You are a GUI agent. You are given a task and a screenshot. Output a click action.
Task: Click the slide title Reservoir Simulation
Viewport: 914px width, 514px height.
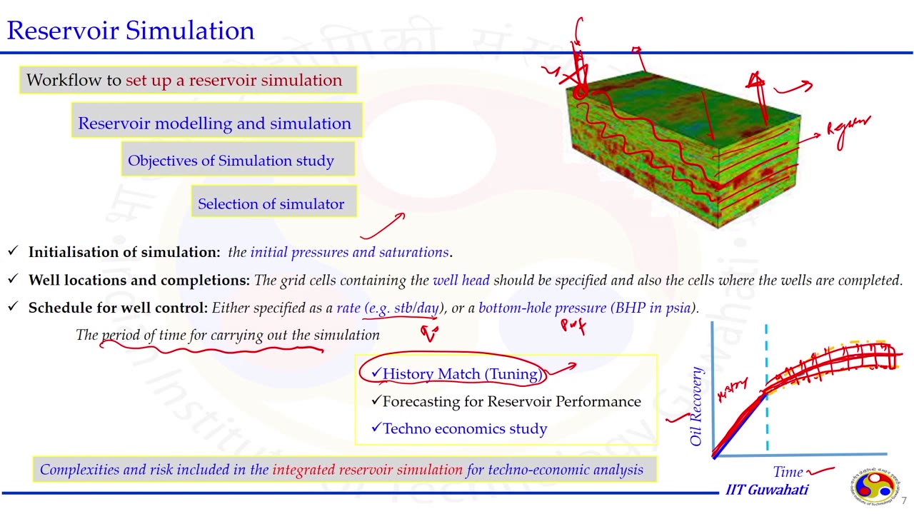[x=131, y=31]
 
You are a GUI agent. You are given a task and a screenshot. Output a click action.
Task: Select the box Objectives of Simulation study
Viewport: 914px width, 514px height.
[x=231, y=161]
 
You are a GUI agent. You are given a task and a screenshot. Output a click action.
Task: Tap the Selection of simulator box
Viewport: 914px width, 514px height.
[x=271, y=204]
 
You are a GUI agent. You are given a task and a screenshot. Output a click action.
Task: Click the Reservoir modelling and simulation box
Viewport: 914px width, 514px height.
[x=214, y=124]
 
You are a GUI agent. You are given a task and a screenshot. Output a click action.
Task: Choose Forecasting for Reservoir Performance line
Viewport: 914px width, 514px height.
[x=511, y=402]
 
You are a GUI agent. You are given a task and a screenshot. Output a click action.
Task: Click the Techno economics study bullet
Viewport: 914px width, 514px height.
[x=465, y=429]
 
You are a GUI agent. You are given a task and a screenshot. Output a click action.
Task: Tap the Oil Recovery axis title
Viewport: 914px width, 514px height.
[x=697, y=406]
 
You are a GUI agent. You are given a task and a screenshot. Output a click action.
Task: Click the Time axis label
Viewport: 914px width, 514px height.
[x=788, y=472]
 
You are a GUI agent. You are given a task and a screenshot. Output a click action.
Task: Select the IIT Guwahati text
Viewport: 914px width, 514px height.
[x=767, y=490]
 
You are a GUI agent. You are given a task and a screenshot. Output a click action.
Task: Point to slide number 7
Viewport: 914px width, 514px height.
[x=903, y=500]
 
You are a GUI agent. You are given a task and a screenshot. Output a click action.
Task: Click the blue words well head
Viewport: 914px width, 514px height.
[x=461, y=281]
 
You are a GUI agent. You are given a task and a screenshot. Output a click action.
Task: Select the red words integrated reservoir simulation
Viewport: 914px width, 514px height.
[x=367, y=470]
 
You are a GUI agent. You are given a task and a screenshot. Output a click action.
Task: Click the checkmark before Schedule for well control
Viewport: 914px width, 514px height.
[x=13, y=308]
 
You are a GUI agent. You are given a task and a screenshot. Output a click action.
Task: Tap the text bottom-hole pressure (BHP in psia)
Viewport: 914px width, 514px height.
[x=587, y=308]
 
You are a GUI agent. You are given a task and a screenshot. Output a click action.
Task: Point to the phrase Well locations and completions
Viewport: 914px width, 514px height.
[x=139, y=281]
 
